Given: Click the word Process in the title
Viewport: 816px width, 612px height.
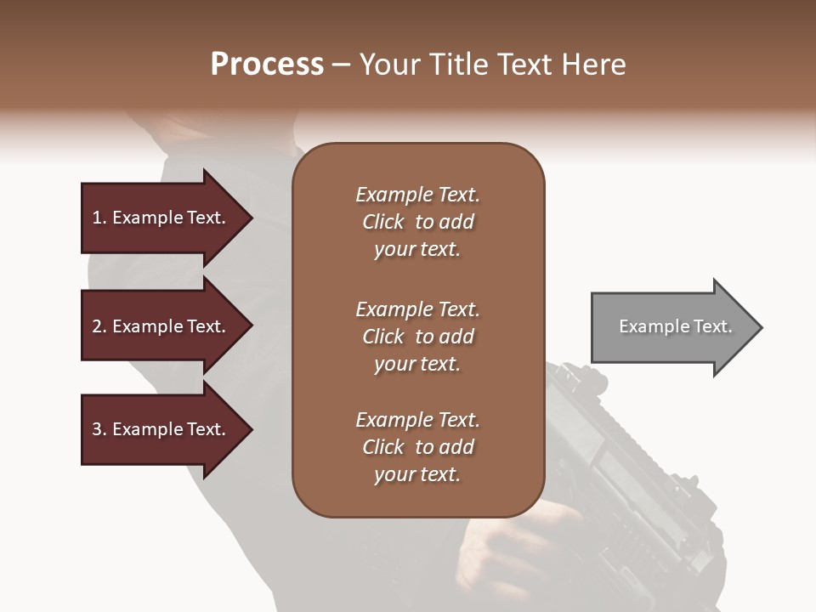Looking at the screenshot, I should point(267,65).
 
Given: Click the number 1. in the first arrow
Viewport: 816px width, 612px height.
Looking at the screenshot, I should point(99,218).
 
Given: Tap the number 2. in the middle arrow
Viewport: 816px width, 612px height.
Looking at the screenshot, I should point(99,326).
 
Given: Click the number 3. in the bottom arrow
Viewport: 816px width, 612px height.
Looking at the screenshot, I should point(99,429).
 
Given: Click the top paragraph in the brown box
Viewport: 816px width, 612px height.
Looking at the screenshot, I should point(417,222).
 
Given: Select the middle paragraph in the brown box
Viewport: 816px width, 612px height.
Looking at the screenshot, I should point(417,336).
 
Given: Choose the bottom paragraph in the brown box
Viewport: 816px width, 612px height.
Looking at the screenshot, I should point(417,447).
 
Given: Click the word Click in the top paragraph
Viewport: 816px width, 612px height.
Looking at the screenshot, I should point(382,222).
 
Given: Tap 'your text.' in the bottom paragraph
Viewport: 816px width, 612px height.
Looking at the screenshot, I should point(417,474).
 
